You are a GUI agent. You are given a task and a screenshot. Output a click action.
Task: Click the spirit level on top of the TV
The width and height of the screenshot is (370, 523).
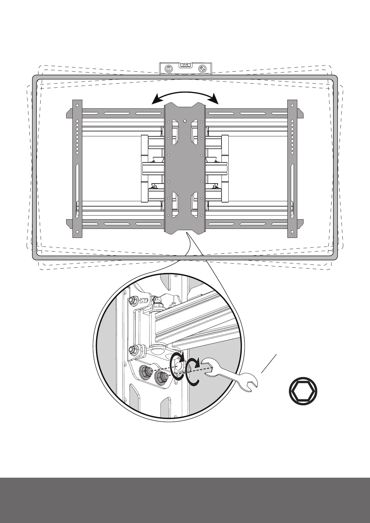(185, 68)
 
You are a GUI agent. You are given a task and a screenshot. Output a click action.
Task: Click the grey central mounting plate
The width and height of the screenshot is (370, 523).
(185, 168)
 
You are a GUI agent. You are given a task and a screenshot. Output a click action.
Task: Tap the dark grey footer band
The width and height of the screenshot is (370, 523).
(185, 500)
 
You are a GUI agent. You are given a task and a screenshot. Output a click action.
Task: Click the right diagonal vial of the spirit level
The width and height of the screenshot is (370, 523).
(202, 69)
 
